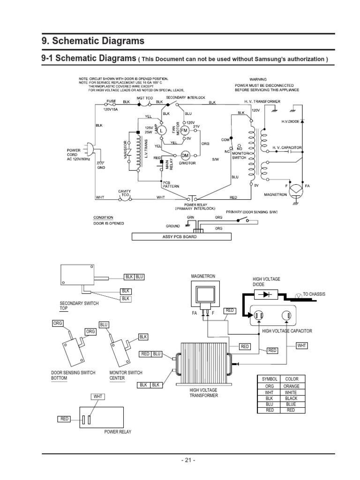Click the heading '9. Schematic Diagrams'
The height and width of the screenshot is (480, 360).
coord(93,41)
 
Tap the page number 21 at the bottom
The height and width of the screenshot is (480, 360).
coord(188,460)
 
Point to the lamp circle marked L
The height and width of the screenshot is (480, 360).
coord(162,130)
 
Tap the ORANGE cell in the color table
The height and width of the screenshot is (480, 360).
coord(291,386)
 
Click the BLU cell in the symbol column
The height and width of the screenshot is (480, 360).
coord(269,404)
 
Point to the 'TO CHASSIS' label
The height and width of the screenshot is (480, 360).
coord(314,294)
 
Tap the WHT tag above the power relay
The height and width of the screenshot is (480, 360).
coord(97,397)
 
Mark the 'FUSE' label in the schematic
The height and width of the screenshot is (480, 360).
coord(111,101)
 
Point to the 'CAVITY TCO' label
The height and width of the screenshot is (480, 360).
coord(124,192)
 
